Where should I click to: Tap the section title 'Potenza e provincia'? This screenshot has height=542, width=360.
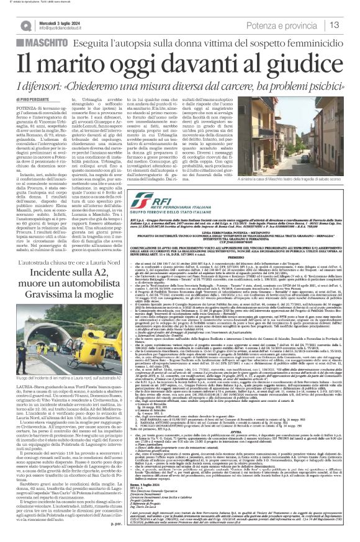(x=292, y=25)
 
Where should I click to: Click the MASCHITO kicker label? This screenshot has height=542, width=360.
(x=30, y=45)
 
